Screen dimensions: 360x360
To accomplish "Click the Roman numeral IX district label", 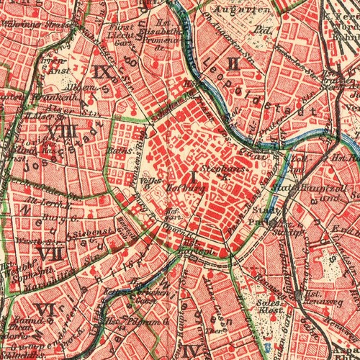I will pos(102,71).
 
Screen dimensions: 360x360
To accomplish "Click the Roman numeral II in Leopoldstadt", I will pos(233,63).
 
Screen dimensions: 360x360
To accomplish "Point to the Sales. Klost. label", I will pos(270,307).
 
